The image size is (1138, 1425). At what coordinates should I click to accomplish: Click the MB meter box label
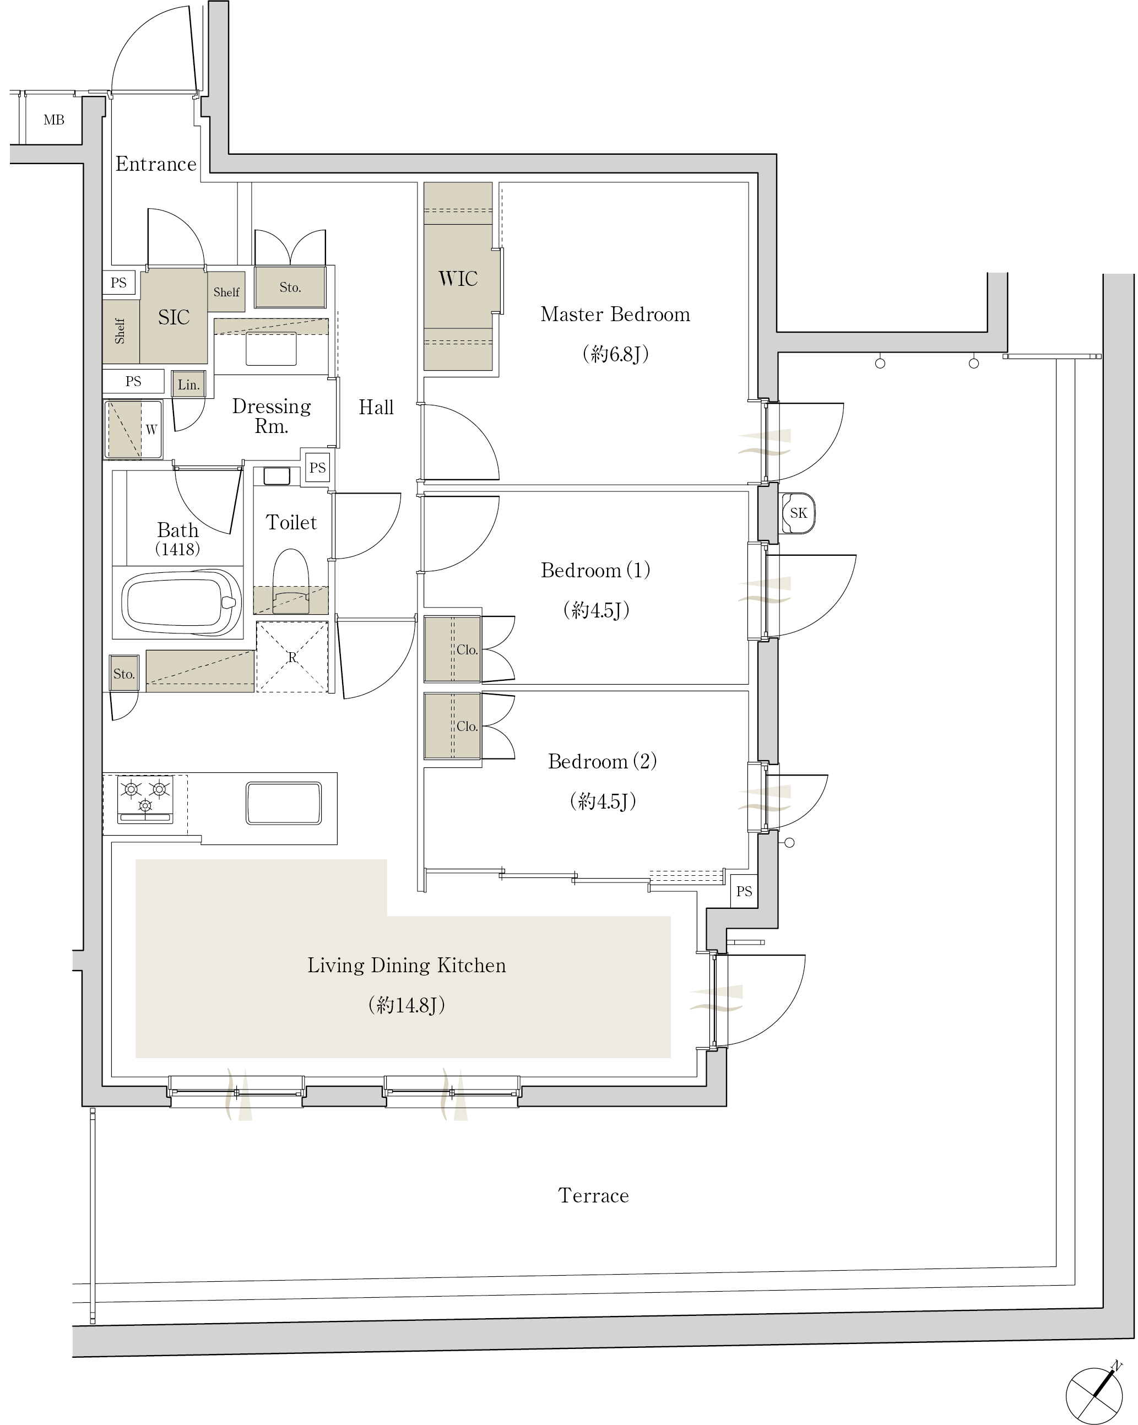[x=53, y=120]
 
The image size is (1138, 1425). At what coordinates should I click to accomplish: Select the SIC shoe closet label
[x=174, y=317]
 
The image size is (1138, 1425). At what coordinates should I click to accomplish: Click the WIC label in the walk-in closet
[x=458, y=278]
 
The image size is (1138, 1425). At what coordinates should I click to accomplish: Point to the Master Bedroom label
[x=615, y=314]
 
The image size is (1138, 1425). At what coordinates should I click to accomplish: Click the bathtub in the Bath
[x=181, y=602]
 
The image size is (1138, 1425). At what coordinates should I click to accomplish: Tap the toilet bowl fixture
[x=291, y=581]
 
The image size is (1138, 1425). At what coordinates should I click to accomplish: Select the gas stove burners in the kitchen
[x=145, y=799]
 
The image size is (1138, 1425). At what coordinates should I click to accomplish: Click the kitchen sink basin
[x=284, y=803]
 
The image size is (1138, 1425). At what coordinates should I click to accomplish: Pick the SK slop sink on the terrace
[x=798, y=513]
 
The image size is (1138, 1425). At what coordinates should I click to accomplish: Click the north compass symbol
[x=1094, y=1395]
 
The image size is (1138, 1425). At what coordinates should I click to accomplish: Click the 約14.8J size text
[x=407, y=1005]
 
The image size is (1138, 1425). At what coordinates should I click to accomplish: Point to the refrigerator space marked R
[x=292, y=657]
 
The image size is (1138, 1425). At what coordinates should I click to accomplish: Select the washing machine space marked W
[x=133, y=430]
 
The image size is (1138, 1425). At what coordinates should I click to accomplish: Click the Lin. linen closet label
[x=188, y=384]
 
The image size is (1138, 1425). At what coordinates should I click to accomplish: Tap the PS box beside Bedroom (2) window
[x=744, y=891]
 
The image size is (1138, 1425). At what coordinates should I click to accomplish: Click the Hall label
[x=376, y=407]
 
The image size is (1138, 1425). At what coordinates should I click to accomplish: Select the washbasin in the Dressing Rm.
[x=271, y=348]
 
